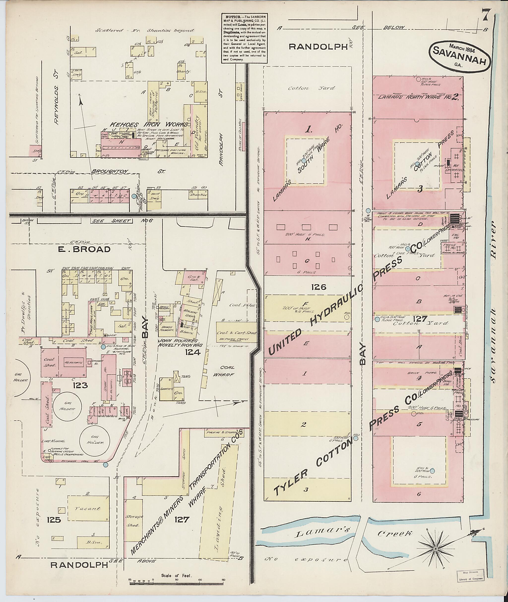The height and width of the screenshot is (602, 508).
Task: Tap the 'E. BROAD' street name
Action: point(84,249)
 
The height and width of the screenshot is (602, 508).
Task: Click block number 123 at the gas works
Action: point(80,385)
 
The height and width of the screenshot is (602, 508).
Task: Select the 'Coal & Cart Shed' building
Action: point(236,333)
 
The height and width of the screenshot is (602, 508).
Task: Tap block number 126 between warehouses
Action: point(318,287)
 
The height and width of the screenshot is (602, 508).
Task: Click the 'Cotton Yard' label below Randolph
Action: point(312,88)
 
